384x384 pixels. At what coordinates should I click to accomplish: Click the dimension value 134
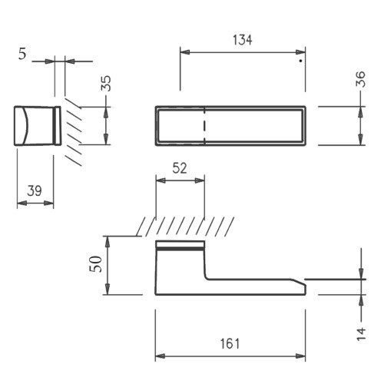[x=242, y=40]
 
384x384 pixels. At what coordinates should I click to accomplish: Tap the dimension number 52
[x=179, y=168]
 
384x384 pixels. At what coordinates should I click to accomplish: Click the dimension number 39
[x=35, y=190]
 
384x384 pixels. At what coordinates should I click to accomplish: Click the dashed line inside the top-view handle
[x=204, y=124]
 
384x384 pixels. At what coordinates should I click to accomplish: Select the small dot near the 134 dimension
[x=300, y=58]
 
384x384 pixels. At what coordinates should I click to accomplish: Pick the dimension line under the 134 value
[x=242, y=52]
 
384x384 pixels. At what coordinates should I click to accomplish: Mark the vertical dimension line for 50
[x=108, y=264]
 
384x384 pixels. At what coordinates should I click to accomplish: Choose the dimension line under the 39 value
[x=35, y=204]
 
